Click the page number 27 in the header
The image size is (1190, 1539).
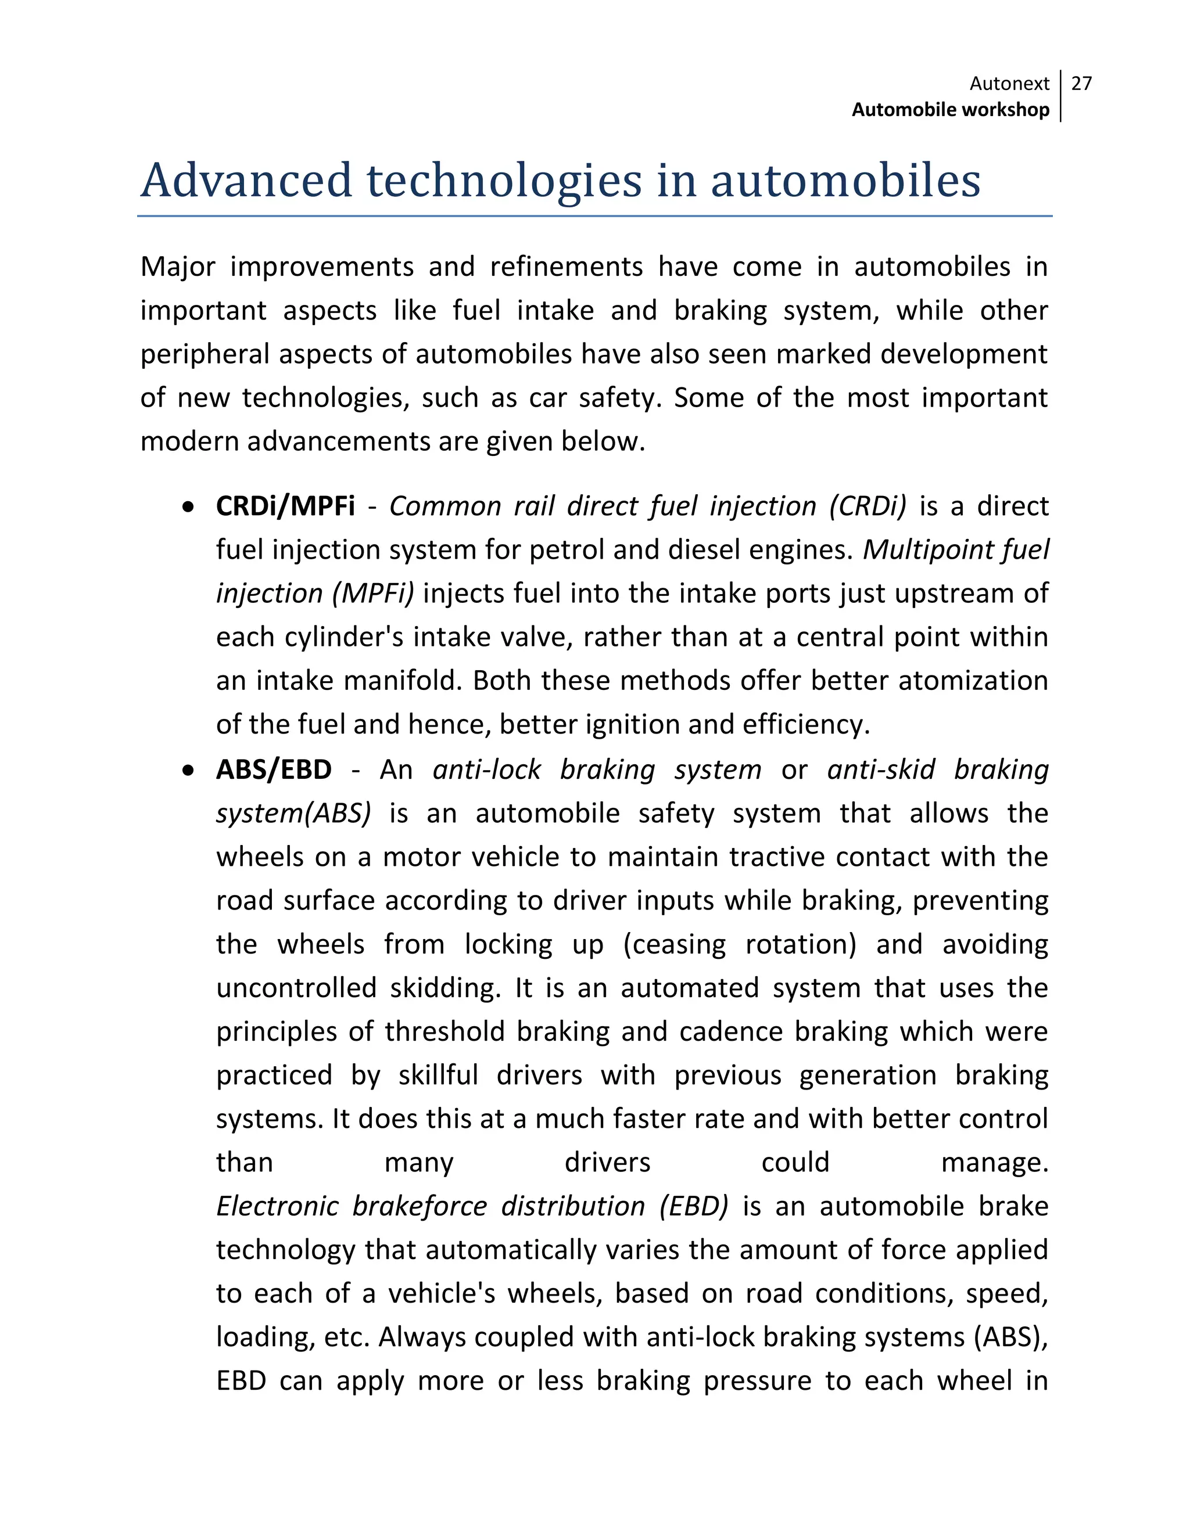tap(1081, 84)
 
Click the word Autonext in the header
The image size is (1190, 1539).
tap(1009, 84)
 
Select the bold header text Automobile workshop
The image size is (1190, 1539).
tap(950, 110)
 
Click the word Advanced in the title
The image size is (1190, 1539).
tap(246, 181)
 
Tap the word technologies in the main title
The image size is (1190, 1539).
tap(503, 181)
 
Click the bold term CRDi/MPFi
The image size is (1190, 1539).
tap(285, 506)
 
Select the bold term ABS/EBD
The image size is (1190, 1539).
tap(274, 770)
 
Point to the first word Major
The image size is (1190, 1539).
tap(178, 267)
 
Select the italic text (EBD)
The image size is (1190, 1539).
tap(693, 1206)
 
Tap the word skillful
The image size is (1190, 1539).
tap(438, 1076)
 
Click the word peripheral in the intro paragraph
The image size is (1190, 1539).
tap(203, 354)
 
